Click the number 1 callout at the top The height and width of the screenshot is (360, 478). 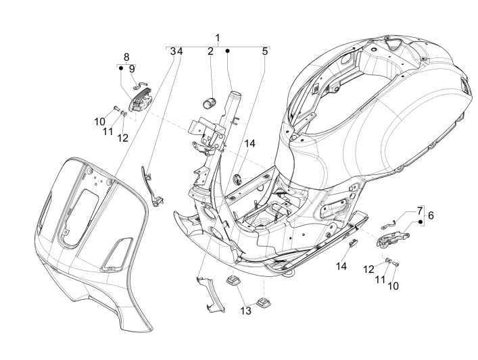coord(218,37)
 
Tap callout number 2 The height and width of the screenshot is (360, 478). coord(210,51)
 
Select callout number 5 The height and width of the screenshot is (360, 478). coord(265,51)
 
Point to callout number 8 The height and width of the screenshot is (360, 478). coord(126,57)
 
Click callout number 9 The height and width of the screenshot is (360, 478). coord(132,68)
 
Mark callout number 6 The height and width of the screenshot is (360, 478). coord(431,215)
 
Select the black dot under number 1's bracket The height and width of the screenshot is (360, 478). coord(228,51)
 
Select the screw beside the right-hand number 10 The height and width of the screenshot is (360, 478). coord(397,264)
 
